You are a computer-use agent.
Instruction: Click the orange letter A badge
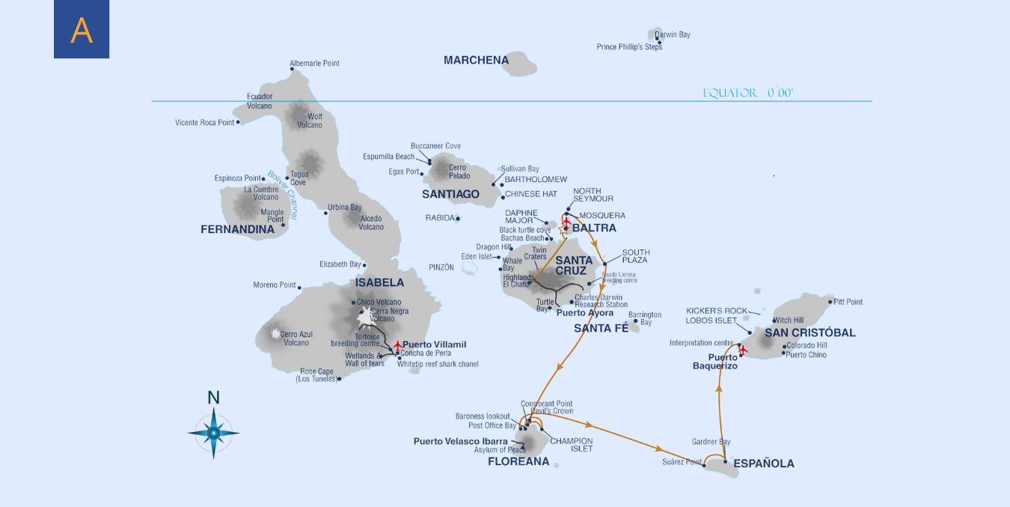(x=82, y=29)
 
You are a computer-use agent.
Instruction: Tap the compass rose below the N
(x=213, y=432)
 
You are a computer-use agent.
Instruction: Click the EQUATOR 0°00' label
(x=747, y=93)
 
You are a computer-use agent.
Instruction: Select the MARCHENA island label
(x=476, y=60)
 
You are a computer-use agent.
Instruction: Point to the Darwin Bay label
(x=673, y=34)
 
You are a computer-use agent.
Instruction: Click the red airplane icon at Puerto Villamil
(x=397, y=344)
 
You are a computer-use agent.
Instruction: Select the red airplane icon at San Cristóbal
(x=743, y=350)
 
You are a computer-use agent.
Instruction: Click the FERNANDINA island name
(x=237, y=229)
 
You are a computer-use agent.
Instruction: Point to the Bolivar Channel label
(x=282, y=195)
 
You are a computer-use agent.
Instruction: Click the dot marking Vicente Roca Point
(x=238, y=122)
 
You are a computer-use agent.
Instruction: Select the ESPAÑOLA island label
(x=763, y=464)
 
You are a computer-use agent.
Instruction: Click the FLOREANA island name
(x=518, y=461)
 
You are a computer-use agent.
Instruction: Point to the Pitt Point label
(x=848, y=302)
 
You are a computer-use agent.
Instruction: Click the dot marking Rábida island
(x=458, y=219)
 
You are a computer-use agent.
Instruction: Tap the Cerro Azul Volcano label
(x=296, y=338)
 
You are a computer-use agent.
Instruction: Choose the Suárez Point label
(x=682, y=462)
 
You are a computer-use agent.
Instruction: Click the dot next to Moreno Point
(x=299, y=287)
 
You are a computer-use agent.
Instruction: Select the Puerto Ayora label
(x=584, y=313)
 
